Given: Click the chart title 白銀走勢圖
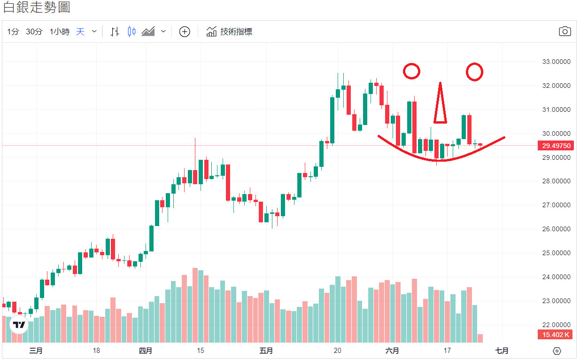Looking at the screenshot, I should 37,8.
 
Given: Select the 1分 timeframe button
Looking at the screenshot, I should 13,32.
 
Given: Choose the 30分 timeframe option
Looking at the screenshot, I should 34,32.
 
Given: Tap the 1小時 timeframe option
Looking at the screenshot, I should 60,32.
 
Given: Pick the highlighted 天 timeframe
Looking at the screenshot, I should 80,32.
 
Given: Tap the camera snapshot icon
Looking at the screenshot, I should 565,31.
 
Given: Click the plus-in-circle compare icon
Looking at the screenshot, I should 185,32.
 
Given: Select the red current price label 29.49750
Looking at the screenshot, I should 556,146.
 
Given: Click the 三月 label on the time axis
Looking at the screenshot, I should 36,351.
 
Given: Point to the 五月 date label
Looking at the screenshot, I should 266,351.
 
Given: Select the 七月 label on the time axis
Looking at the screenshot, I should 502,351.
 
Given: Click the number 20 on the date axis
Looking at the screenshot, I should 337,351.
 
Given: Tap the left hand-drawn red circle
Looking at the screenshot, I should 411,71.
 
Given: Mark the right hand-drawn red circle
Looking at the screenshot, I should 474,71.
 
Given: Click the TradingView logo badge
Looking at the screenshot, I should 19,325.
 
